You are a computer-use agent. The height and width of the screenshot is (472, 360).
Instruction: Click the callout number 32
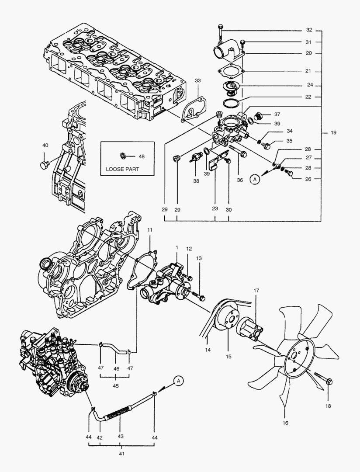coord(309,30)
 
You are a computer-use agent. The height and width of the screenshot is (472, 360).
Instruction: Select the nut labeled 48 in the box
coord(124,156)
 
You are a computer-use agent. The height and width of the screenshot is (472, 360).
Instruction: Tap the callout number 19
coord(333,132)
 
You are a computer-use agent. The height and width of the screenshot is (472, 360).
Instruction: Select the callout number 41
coord(121,454)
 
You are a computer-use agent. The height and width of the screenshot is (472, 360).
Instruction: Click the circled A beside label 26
coord(256,178)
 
